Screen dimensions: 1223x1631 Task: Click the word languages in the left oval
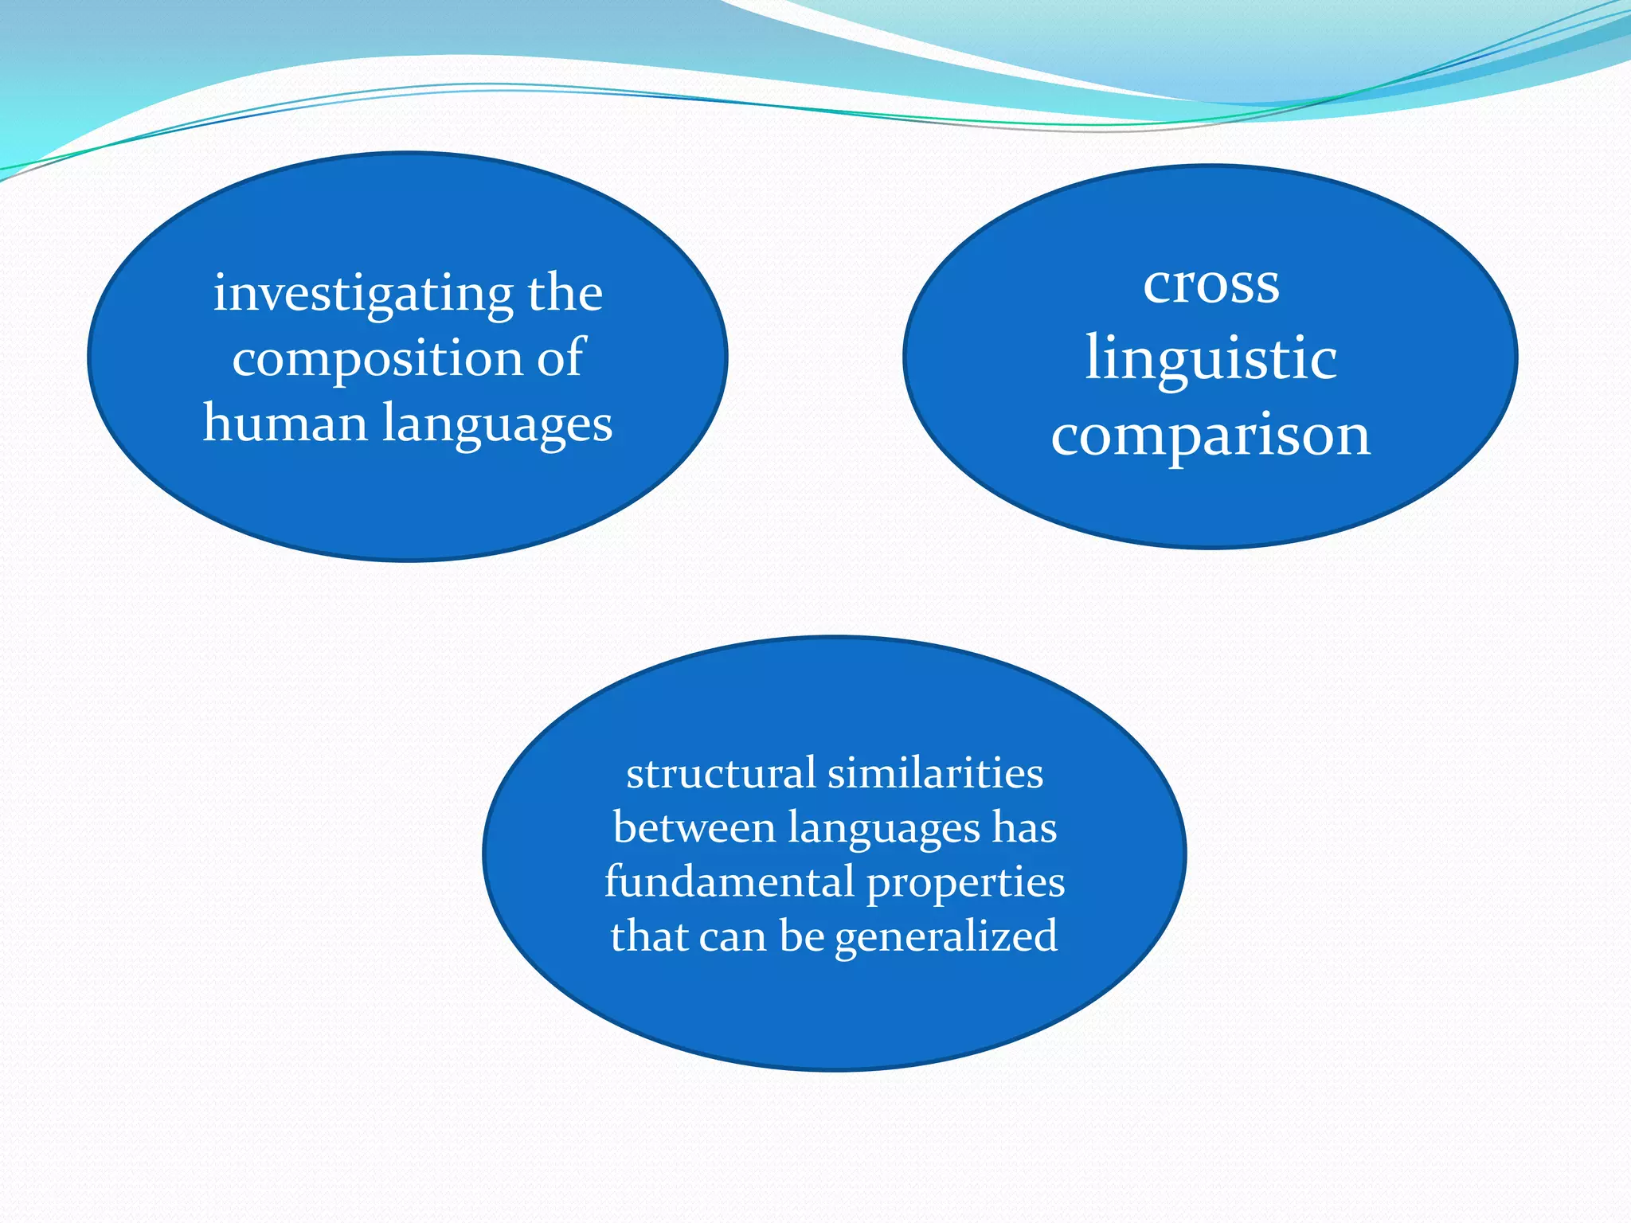coord(498,424)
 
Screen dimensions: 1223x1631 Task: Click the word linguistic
coord(1211,359)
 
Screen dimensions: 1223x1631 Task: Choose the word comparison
coord(1211,436)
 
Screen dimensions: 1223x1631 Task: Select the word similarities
coord(935,773)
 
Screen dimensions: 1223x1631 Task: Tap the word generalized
coord(946,937)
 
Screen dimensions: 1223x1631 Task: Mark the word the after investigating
coord(565,293)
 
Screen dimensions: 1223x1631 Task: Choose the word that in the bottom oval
coord(643,936)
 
